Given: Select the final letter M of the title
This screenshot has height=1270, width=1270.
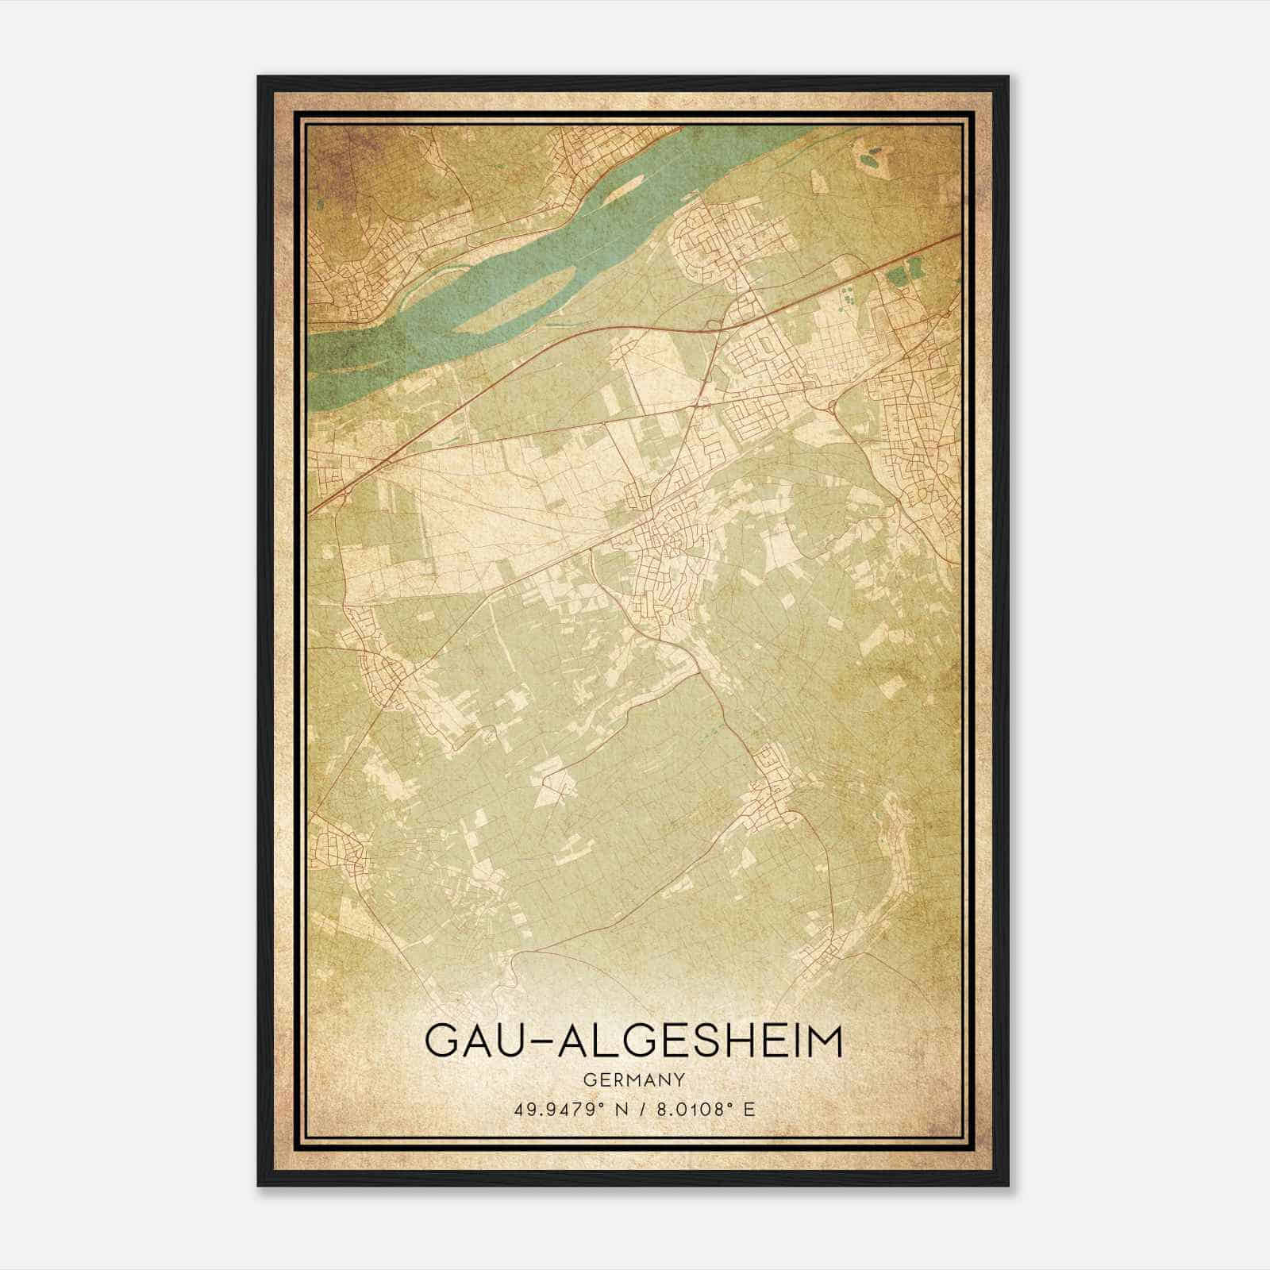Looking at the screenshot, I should tap(822, 1041).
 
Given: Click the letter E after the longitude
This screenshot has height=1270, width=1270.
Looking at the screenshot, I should tap(749, 1109).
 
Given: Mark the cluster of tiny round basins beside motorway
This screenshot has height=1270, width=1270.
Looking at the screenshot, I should tap(848, 299).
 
